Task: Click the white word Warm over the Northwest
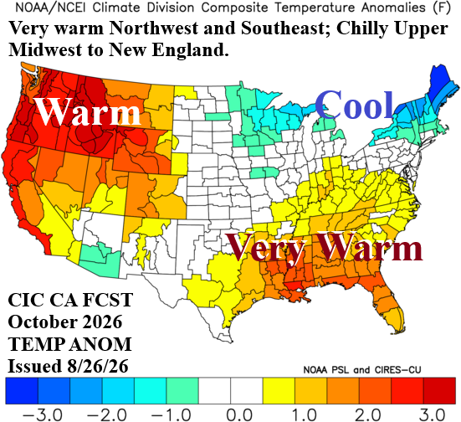click(x=87, y=111)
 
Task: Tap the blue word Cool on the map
click(x=354, y=105)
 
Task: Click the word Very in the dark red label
click(x=266, y=248)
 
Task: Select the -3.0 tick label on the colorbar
click(x=43, y=415)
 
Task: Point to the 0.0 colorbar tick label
click(x=239, y=415)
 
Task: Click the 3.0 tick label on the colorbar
click(x=432, y=415)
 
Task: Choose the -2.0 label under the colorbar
click(x=107, y=415)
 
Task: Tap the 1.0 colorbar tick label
click(x=304, y=415)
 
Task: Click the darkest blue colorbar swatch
click(x=22, y=391)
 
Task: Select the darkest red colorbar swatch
click(x=439, y=391)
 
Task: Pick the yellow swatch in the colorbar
click(x=279, y=391)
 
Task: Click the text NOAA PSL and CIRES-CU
click(x=362, y=369)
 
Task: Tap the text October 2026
click(x=65, y=322)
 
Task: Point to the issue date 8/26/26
click(x=95, y=367)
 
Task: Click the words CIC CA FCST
click(x=70, y=300)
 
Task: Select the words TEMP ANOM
click(x=69, y=344)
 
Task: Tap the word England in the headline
click(x=190, y=49)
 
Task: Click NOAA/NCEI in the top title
click(x=50, y=8)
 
